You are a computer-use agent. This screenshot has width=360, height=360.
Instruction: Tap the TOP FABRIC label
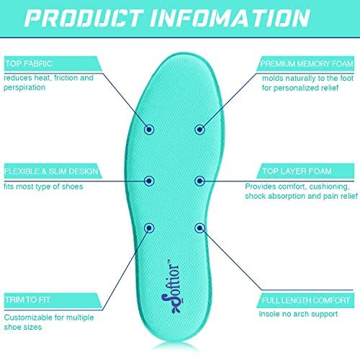click(29, 63)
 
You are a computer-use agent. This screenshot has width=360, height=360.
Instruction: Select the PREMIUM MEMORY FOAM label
click(307, 63)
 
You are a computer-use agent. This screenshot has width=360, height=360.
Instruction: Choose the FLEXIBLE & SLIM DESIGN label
click(51, 171)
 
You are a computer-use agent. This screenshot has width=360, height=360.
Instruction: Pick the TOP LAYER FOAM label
click(297, 171)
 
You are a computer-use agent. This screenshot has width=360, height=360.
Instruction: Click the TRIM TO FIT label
click(27, 300)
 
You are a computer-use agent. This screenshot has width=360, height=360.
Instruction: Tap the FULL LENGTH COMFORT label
click(305, 300)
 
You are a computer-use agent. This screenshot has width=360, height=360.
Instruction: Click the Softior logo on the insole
click(171, 287)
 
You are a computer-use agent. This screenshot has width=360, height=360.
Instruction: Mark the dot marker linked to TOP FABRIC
click(149, 130)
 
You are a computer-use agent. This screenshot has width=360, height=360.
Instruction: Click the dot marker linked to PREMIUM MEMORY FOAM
click(199, 130)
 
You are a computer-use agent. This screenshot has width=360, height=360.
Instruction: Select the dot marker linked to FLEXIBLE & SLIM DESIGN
click(149, 181)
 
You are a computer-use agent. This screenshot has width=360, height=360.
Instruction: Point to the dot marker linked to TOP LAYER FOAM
click(199, 181)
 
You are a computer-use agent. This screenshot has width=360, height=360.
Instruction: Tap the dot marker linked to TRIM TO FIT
click(149, 228)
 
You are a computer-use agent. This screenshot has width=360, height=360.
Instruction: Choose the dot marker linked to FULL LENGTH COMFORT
click(199, 228)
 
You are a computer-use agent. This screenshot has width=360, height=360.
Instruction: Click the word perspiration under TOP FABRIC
click(24, 88)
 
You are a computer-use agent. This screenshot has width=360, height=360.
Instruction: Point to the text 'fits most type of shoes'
click(43, 186)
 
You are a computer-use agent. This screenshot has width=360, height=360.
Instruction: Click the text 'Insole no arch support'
click(298, 314)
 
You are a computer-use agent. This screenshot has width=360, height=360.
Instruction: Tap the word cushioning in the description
click(330, 186)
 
